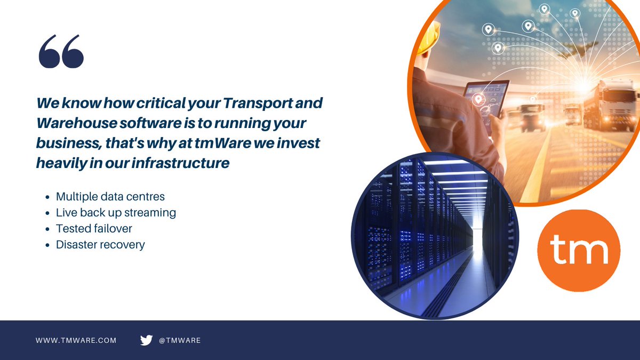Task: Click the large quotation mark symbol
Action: (x=61, y=52)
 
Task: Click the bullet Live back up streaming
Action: (x=116, y=212)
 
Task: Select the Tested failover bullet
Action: (x=94, y=228)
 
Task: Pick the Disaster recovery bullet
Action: (x=100, y=244)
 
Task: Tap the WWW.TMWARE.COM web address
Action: (x=76, y=340)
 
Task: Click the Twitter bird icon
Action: (x=146, y=340)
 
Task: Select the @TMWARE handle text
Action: (x=180, y=340)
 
